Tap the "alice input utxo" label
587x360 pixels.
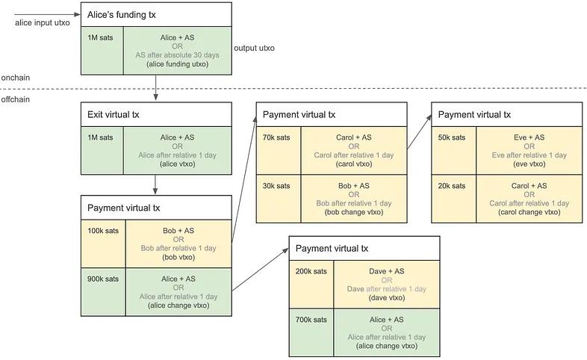click(42, 22)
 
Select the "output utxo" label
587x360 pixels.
click(254, 48)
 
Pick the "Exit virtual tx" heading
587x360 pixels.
click(115, 115)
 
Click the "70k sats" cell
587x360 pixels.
click(277, 137)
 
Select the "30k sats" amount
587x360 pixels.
click(277, 185)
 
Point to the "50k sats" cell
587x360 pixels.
click(453, 137)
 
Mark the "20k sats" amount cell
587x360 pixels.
click(453, 185)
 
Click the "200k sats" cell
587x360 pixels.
click(311, 272)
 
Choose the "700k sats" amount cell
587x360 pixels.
click(311, 320)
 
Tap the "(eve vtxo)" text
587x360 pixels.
click(529, 164)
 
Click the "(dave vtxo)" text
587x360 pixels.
click(387, 298)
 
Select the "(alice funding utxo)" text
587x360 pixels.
click(177, 65)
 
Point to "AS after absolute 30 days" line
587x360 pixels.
click(177, 55)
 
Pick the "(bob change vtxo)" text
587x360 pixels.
click(354, 212)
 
